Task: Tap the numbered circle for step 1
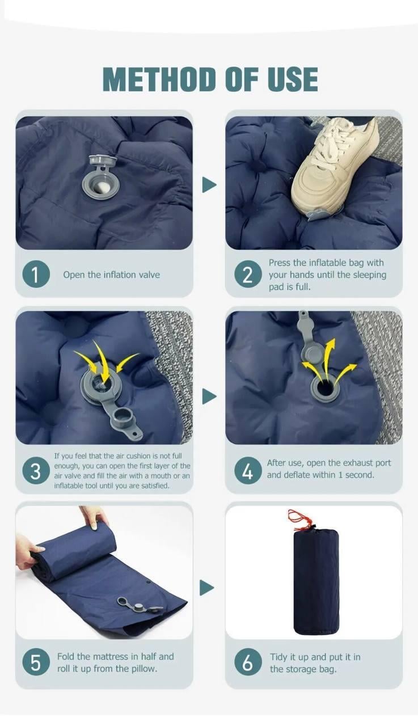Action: (36, 274)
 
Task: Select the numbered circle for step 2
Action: (248, 275)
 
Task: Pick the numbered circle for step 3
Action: (36, 470)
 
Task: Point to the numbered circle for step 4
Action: (248, 470)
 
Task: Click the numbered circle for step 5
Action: (36, 661)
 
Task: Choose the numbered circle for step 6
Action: (248, 661)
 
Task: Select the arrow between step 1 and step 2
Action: (209, 185)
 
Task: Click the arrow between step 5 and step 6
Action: (207, 588)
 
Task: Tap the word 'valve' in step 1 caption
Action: (149, 275)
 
